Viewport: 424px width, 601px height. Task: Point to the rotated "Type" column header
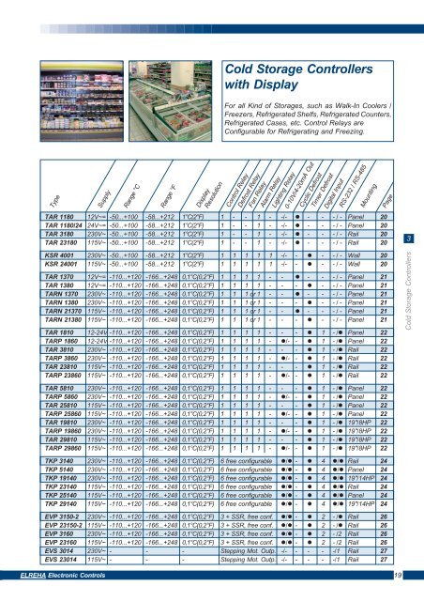(x=27, y=226)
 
